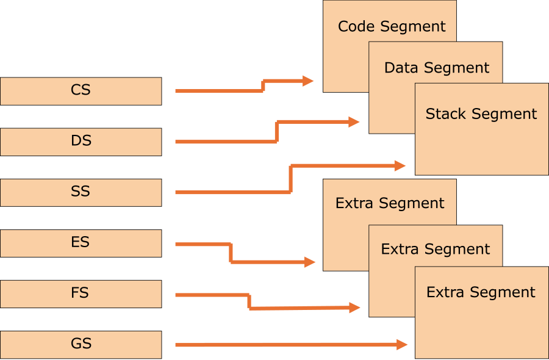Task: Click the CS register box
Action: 81,91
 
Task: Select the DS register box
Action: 81,142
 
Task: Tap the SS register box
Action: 81,192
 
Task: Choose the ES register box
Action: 81,243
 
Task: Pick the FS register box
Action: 81,293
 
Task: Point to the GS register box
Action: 81,344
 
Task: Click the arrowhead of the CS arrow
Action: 308,81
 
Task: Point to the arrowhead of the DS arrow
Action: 354,122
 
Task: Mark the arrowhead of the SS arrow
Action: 400,165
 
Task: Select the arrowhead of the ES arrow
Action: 310,262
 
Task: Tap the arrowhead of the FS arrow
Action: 355,308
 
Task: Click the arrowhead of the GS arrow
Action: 402,345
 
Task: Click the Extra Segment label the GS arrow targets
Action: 481,292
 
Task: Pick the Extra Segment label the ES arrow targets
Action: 390,203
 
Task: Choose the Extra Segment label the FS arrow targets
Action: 435,249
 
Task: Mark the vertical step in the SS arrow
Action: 290,179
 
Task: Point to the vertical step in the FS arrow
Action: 249,301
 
